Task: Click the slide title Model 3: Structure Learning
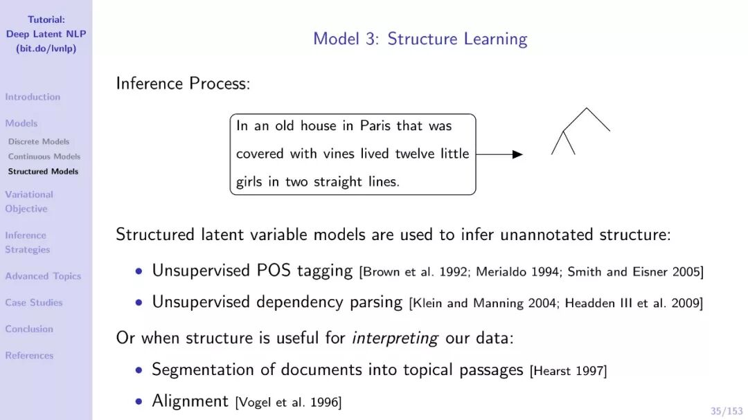pos(420,39)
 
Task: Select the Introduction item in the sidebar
pos(33,97)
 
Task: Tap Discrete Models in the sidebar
pos(39,142)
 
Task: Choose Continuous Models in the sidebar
pos(44,156)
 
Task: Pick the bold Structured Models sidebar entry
pos(43,171)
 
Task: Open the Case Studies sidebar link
pos(33,302)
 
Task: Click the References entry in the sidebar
pos(29,356)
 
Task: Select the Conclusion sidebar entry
pos(29,329)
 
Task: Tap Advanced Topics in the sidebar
pos(43,276)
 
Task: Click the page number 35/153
pos(726,411)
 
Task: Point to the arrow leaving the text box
pos(499,154)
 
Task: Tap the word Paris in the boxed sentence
pos(375,126)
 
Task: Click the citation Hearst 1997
pos(568,372)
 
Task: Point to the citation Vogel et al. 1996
pos(288,403)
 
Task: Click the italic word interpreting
pos(395,338)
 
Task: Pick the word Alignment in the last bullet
pos(190,401)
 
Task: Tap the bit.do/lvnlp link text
pos(46,48)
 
